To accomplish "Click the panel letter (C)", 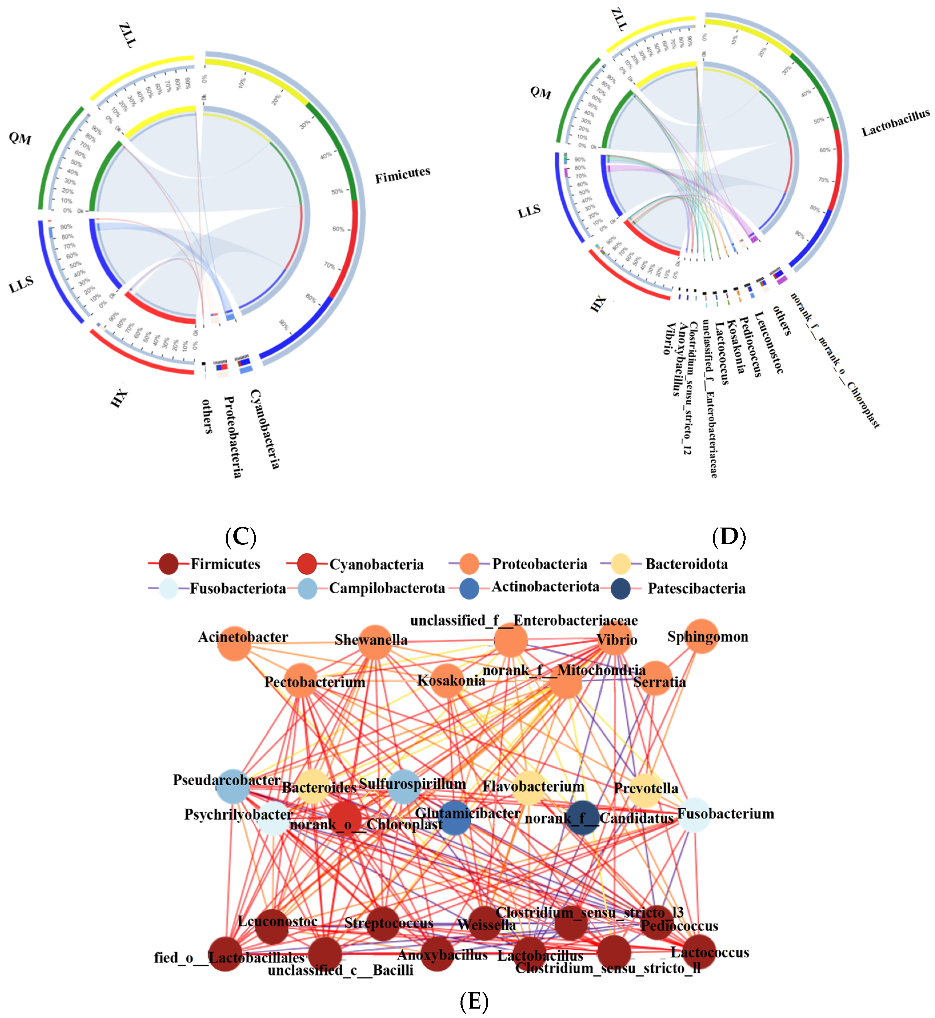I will coord(241,537).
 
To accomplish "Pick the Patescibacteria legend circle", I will coord(621,589).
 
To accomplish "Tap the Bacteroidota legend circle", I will coord(621,564).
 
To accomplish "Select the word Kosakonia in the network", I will coord(451,681).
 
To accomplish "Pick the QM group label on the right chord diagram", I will coord(540,92).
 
